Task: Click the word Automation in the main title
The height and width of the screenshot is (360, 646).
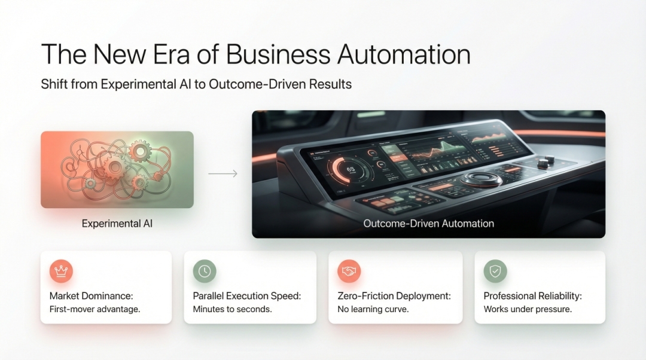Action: (x=404, y=54)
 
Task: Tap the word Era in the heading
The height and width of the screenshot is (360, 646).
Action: (x=174, y=54)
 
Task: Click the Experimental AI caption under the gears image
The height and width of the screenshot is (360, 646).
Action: (x=117, y=224)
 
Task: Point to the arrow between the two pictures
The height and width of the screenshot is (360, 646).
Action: (x=223, y=174)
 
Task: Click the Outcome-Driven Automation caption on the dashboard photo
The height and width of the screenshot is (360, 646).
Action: (x=428, y=224)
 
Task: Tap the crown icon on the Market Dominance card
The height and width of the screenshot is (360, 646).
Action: (x=61, y=271)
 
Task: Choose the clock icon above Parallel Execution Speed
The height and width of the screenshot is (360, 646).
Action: (x=205, y=271)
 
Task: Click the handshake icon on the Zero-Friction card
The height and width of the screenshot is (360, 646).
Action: (x=349, y=271)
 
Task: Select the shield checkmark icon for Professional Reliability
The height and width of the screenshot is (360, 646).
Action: (x=495, y=271)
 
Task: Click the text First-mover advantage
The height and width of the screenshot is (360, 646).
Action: (x=95, y=310)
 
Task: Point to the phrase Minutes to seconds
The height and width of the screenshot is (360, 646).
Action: (x=232, y=310)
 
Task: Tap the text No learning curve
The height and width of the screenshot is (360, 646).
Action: (x=373, y=310)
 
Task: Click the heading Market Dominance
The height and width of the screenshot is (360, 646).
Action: (x=90, y=296)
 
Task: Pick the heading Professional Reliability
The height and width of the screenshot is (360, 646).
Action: (x=532, y=296)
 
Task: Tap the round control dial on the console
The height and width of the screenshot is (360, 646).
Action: (x=480, y=178)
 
